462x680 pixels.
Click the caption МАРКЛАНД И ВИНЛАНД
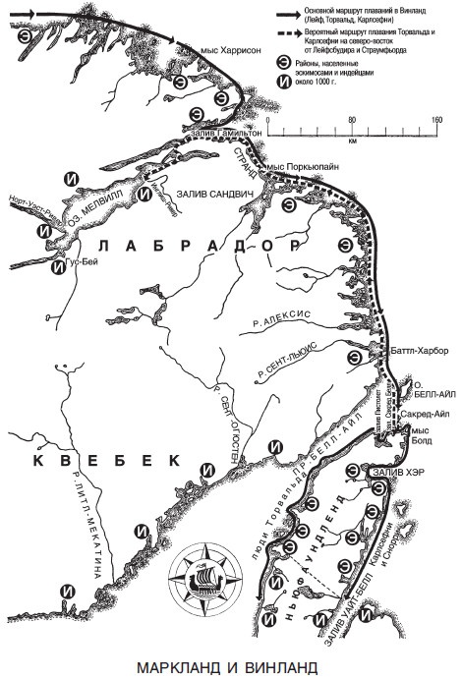[229, 668]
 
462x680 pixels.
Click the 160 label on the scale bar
[436, 120]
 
